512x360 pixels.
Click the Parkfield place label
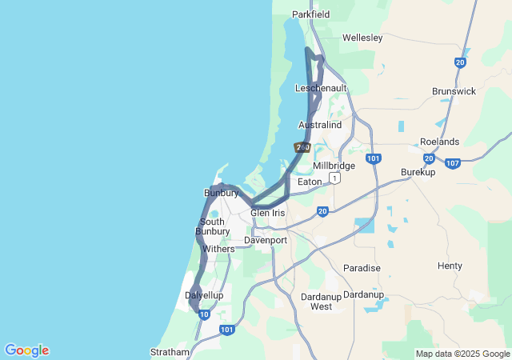click(x=310, y=14)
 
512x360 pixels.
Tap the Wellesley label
click(x=362, y=38)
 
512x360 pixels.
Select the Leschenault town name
click(x=319, y=87)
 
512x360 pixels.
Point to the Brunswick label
click(x=454, y=91)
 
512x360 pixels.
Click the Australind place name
click(x=320, y=126)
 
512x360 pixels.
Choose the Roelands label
click(x=439, y=142)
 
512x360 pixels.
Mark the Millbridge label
click(x=334, y=166)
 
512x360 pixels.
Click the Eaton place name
click(x=310, y=182)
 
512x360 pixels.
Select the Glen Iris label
click(x=267, y=213)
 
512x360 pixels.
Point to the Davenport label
click(x=265, y=240)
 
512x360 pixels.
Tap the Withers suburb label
click(x=218, y=249)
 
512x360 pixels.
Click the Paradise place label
click(x=362, y=268)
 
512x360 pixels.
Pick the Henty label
click(x=450, y=266)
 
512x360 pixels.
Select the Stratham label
click(x=170, y=352)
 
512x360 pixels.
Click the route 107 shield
click(x=453, y=163)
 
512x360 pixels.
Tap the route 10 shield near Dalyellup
click(x=204, y=314)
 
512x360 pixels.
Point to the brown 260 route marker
click(x=302, y=147)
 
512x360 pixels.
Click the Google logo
click(x=26, y=350)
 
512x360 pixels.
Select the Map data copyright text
click(x=462, y=354)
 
